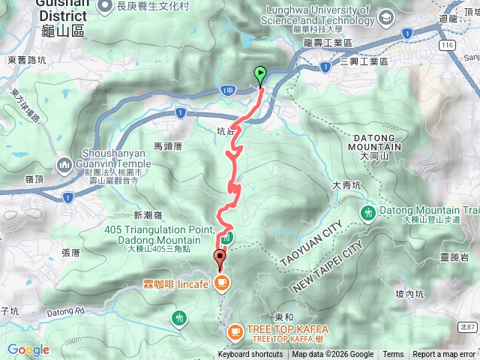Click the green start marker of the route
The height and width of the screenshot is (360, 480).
[x=260, y=75]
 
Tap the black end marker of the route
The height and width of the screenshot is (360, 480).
[x=220, y=259]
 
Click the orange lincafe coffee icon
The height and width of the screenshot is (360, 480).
[x=221, y=283]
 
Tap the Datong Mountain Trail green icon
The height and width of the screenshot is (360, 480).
[x=367, y=212]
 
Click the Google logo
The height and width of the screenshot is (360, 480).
[x=28, y=349]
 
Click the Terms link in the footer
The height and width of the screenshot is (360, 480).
[x=393, y=355]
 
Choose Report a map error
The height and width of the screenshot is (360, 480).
[x=444, y=355]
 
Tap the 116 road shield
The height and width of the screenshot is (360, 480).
[x=448, y=45]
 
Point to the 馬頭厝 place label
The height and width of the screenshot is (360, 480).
[x=168, y=146]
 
